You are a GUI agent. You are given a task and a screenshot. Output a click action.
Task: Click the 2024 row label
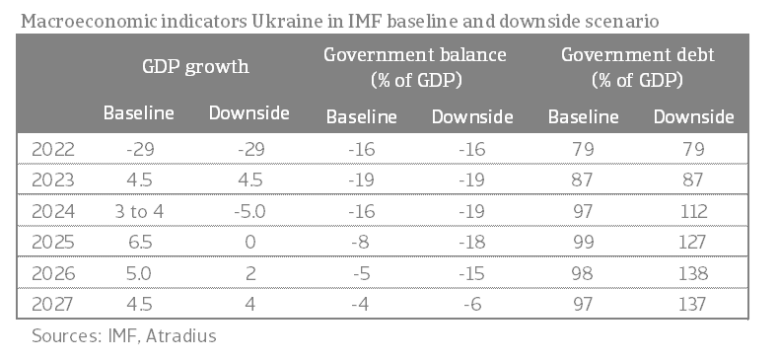pyautogui.click(x=53, y=211)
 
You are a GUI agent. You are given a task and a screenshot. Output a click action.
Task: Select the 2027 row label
pyautogui.click(x=53, y=304)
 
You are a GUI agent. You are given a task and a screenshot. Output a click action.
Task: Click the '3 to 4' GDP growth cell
pyautogui.click(x=139, y=211)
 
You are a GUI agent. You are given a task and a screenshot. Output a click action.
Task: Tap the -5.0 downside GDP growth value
pyautogui.click(x=250, y=211)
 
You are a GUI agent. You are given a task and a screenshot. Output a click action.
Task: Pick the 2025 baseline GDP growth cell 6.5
pyautogui.click(x=139, y=243)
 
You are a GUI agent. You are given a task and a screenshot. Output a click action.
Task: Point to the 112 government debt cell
pyautogui.click(x=693, y=211)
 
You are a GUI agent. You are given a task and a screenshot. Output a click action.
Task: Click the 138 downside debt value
pyautogui.click(x=693, y=273)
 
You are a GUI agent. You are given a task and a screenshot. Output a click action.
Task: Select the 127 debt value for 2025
pyautogui.click(x=693, y=243)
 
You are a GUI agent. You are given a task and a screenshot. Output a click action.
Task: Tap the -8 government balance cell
pyautogui.click(x=361, y=243)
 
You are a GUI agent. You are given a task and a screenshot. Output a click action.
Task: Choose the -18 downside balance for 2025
pyautogui.click(x=472, y=243)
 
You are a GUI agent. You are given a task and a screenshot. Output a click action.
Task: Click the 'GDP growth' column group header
pyautogui.click(x=195, y=66)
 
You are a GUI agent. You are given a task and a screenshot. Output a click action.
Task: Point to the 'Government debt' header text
pyautogui.click(x=638, y=54)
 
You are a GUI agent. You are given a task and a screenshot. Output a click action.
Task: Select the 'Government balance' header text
pyautogui.click(x=415, y=54)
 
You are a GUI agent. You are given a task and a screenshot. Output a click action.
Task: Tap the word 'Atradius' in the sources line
pyautogui.click(x=181, y=335)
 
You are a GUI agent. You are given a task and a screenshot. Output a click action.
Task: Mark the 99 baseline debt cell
pyautogui.click(x=583, y=243)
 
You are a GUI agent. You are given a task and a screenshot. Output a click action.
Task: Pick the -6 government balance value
pyautogui.click(x=472, y=304)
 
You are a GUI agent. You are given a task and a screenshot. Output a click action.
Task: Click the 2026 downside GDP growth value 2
pyautogui.click(x=250, y=273)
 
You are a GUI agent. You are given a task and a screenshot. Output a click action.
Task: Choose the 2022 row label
pyautogui.click(x=53, y=149)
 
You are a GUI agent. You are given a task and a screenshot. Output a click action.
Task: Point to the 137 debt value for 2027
pyautogui.click(x=693, y=304)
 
